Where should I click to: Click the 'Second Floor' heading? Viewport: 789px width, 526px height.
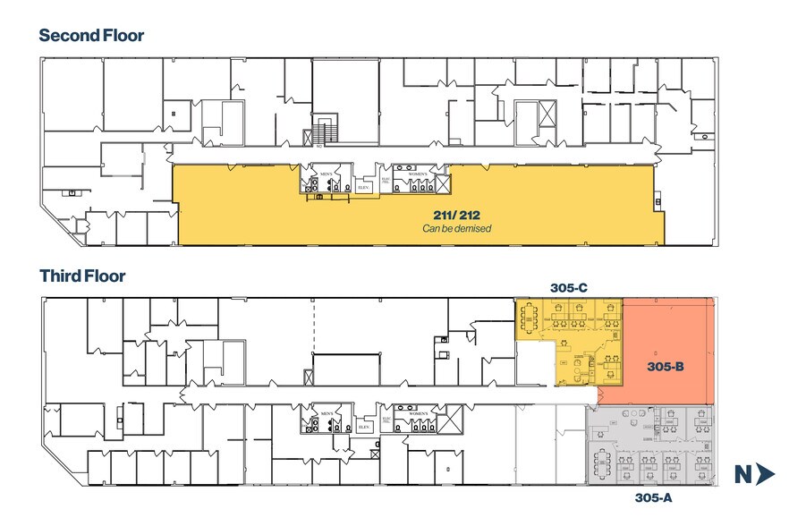tap(91, 36)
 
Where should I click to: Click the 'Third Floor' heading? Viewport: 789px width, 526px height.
tap(81, 276)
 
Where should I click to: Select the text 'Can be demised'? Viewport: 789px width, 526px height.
tap(457, 229)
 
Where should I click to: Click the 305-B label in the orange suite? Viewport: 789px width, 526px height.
tap(665, 367)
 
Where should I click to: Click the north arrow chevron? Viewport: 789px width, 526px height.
tap(764, 475)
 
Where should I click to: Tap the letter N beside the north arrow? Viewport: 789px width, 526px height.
tap(742, 475)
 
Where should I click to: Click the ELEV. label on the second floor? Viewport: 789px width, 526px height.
tap(363, 188)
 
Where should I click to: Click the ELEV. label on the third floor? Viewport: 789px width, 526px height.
tap(364, 427)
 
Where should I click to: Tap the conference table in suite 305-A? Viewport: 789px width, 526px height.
tap(600, 463)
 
